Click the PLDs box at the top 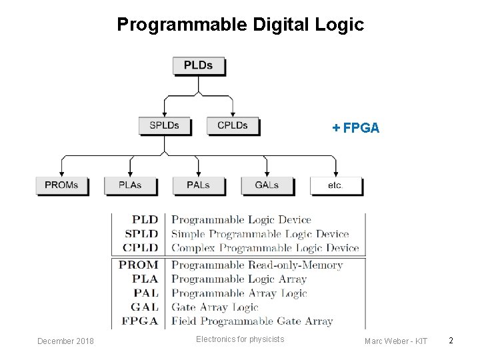point(199,65)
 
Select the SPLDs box point(164,125)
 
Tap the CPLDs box point(232,125)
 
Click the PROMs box point(61,185)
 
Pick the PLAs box point(130,185)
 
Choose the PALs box point(199,185)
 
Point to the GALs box point(267,185)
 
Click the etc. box point(335,185)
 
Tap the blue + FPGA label point(356,128)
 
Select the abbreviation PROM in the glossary point(139,265)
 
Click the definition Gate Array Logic point(215,307)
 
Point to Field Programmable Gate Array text point(252,321)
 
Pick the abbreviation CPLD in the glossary point(141,248)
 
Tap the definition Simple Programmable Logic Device point(260,234)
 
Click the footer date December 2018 point(65,341)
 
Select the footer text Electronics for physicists point(240,339)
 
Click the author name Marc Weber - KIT point(396,341)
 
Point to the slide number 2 point(451,341)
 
